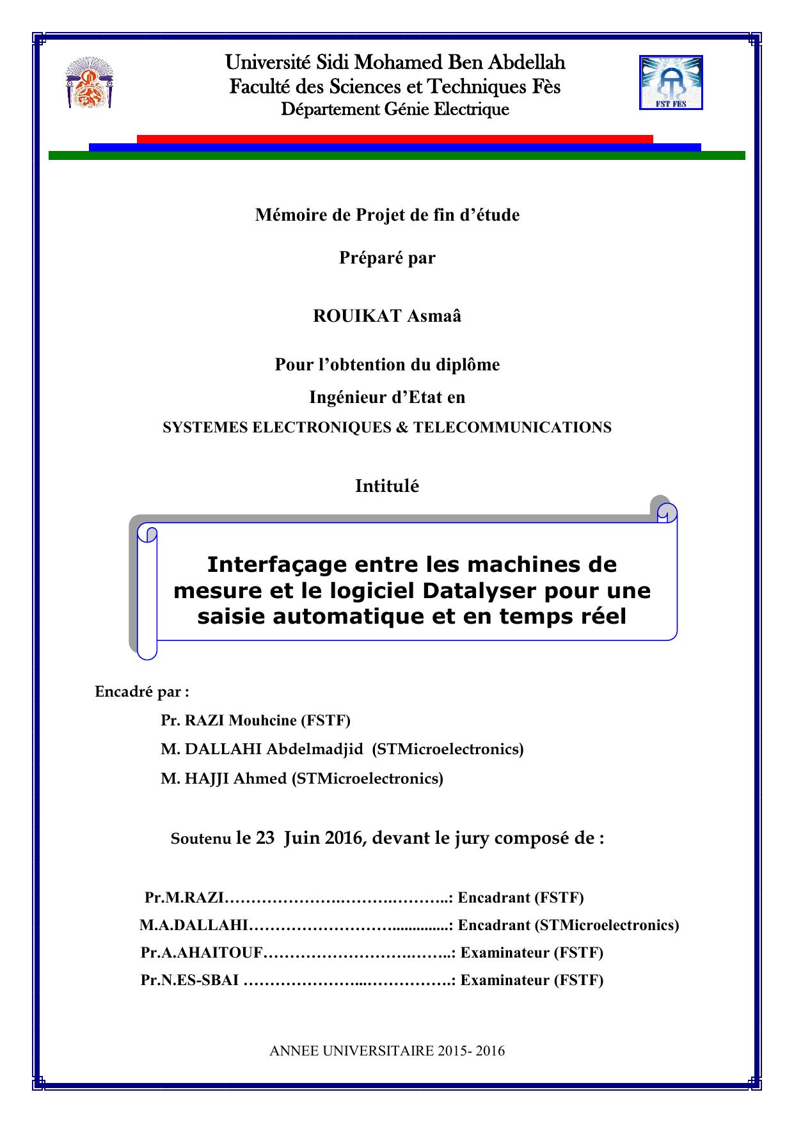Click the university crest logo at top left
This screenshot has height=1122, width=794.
[89, 83]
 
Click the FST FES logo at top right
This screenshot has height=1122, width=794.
[671, 82]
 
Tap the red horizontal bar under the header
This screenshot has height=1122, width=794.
[394, 139]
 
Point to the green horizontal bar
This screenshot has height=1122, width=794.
[397, 155]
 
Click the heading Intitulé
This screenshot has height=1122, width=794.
[387, 486]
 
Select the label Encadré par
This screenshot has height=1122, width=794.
[141, 691]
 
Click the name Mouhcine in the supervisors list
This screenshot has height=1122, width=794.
[262, 720]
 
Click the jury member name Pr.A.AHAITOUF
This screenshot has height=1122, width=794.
[202, 953]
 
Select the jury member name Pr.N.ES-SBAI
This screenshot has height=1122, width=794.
[190, 981]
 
